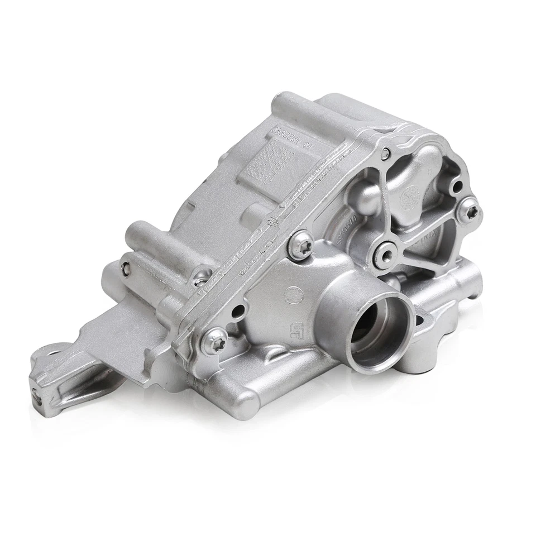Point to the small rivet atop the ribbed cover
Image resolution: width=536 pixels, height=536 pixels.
point(385,152)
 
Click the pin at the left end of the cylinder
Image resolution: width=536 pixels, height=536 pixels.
point(126,268)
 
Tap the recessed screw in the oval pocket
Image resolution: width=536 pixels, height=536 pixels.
point(200,277)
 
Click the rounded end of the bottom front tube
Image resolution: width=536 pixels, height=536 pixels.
point(245,399)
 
